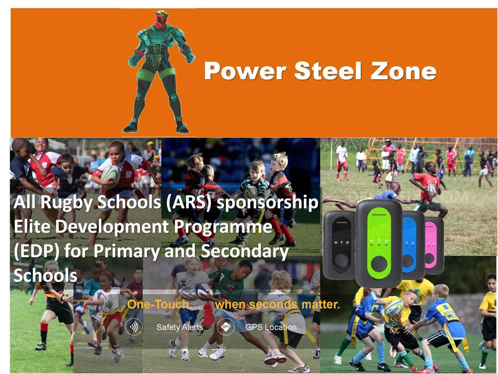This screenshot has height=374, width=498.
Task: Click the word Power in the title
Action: click(x=245, y=71)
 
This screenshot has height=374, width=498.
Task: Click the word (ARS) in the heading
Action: click(x=188, y=202)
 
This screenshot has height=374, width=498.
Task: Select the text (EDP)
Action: click(x=36, y=251)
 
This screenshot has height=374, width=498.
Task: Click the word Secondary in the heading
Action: click(x=245, y=251)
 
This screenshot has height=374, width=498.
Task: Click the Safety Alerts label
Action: click(x=179, y=327)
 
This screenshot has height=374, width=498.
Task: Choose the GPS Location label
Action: click(x=271, y=327)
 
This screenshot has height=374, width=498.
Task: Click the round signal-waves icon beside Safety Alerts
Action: click(x=133, y=327)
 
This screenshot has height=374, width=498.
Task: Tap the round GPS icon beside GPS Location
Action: click(x=226, y=327)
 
